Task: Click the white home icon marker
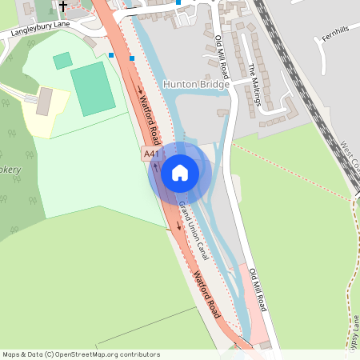[180, 172]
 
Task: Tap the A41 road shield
[151, 152]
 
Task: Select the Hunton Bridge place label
[196, 83]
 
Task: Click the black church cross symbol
[62, 6]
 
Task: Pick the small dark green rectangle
[62, 60]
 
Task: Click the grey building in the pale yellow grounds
[45, 100]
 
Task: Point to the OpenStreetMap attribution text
[81, 354]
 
